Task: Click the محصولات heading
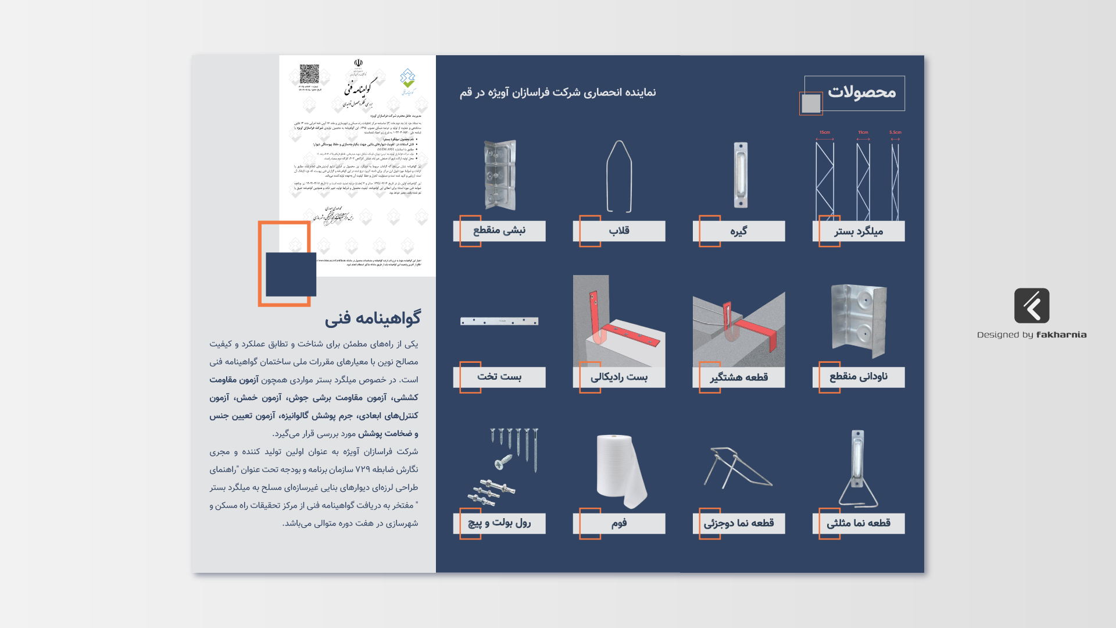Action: click(x=861, y=92)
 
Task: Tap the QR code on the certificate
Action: click(x=309, y=74)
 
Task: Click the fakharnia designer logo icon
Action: click(x=1032, y=306)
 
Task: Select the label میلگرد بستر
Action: click(x=859, y=231)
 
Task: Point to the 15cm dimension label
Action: click(x=825, y=133)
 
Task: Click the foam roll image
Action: click(x=620, y=471)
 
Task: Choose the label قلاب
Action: click(x=619, y=231)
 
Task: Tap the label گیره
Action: click(x=739, y=231)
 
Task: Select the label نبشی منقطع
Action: click(x=499, y=231)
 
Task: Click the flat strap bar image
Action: click(x=499, y=321)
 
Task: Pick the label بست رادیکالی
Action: click(x=619, y=377)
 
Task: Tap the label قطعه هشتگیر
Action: click(x=739, y=377)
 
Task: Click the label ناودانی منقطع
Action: click(x=859, y=377)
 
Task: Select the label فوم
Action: click(x=619, y=523)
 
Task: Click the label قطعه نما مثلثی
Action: click(x=859, y=523)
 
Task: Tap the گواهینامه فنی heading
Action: click(x=373, y=319)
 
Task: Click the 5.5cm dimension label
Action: click(x=895, y=133)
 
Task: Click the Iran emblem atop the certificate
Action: click(x=358, y=63)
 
